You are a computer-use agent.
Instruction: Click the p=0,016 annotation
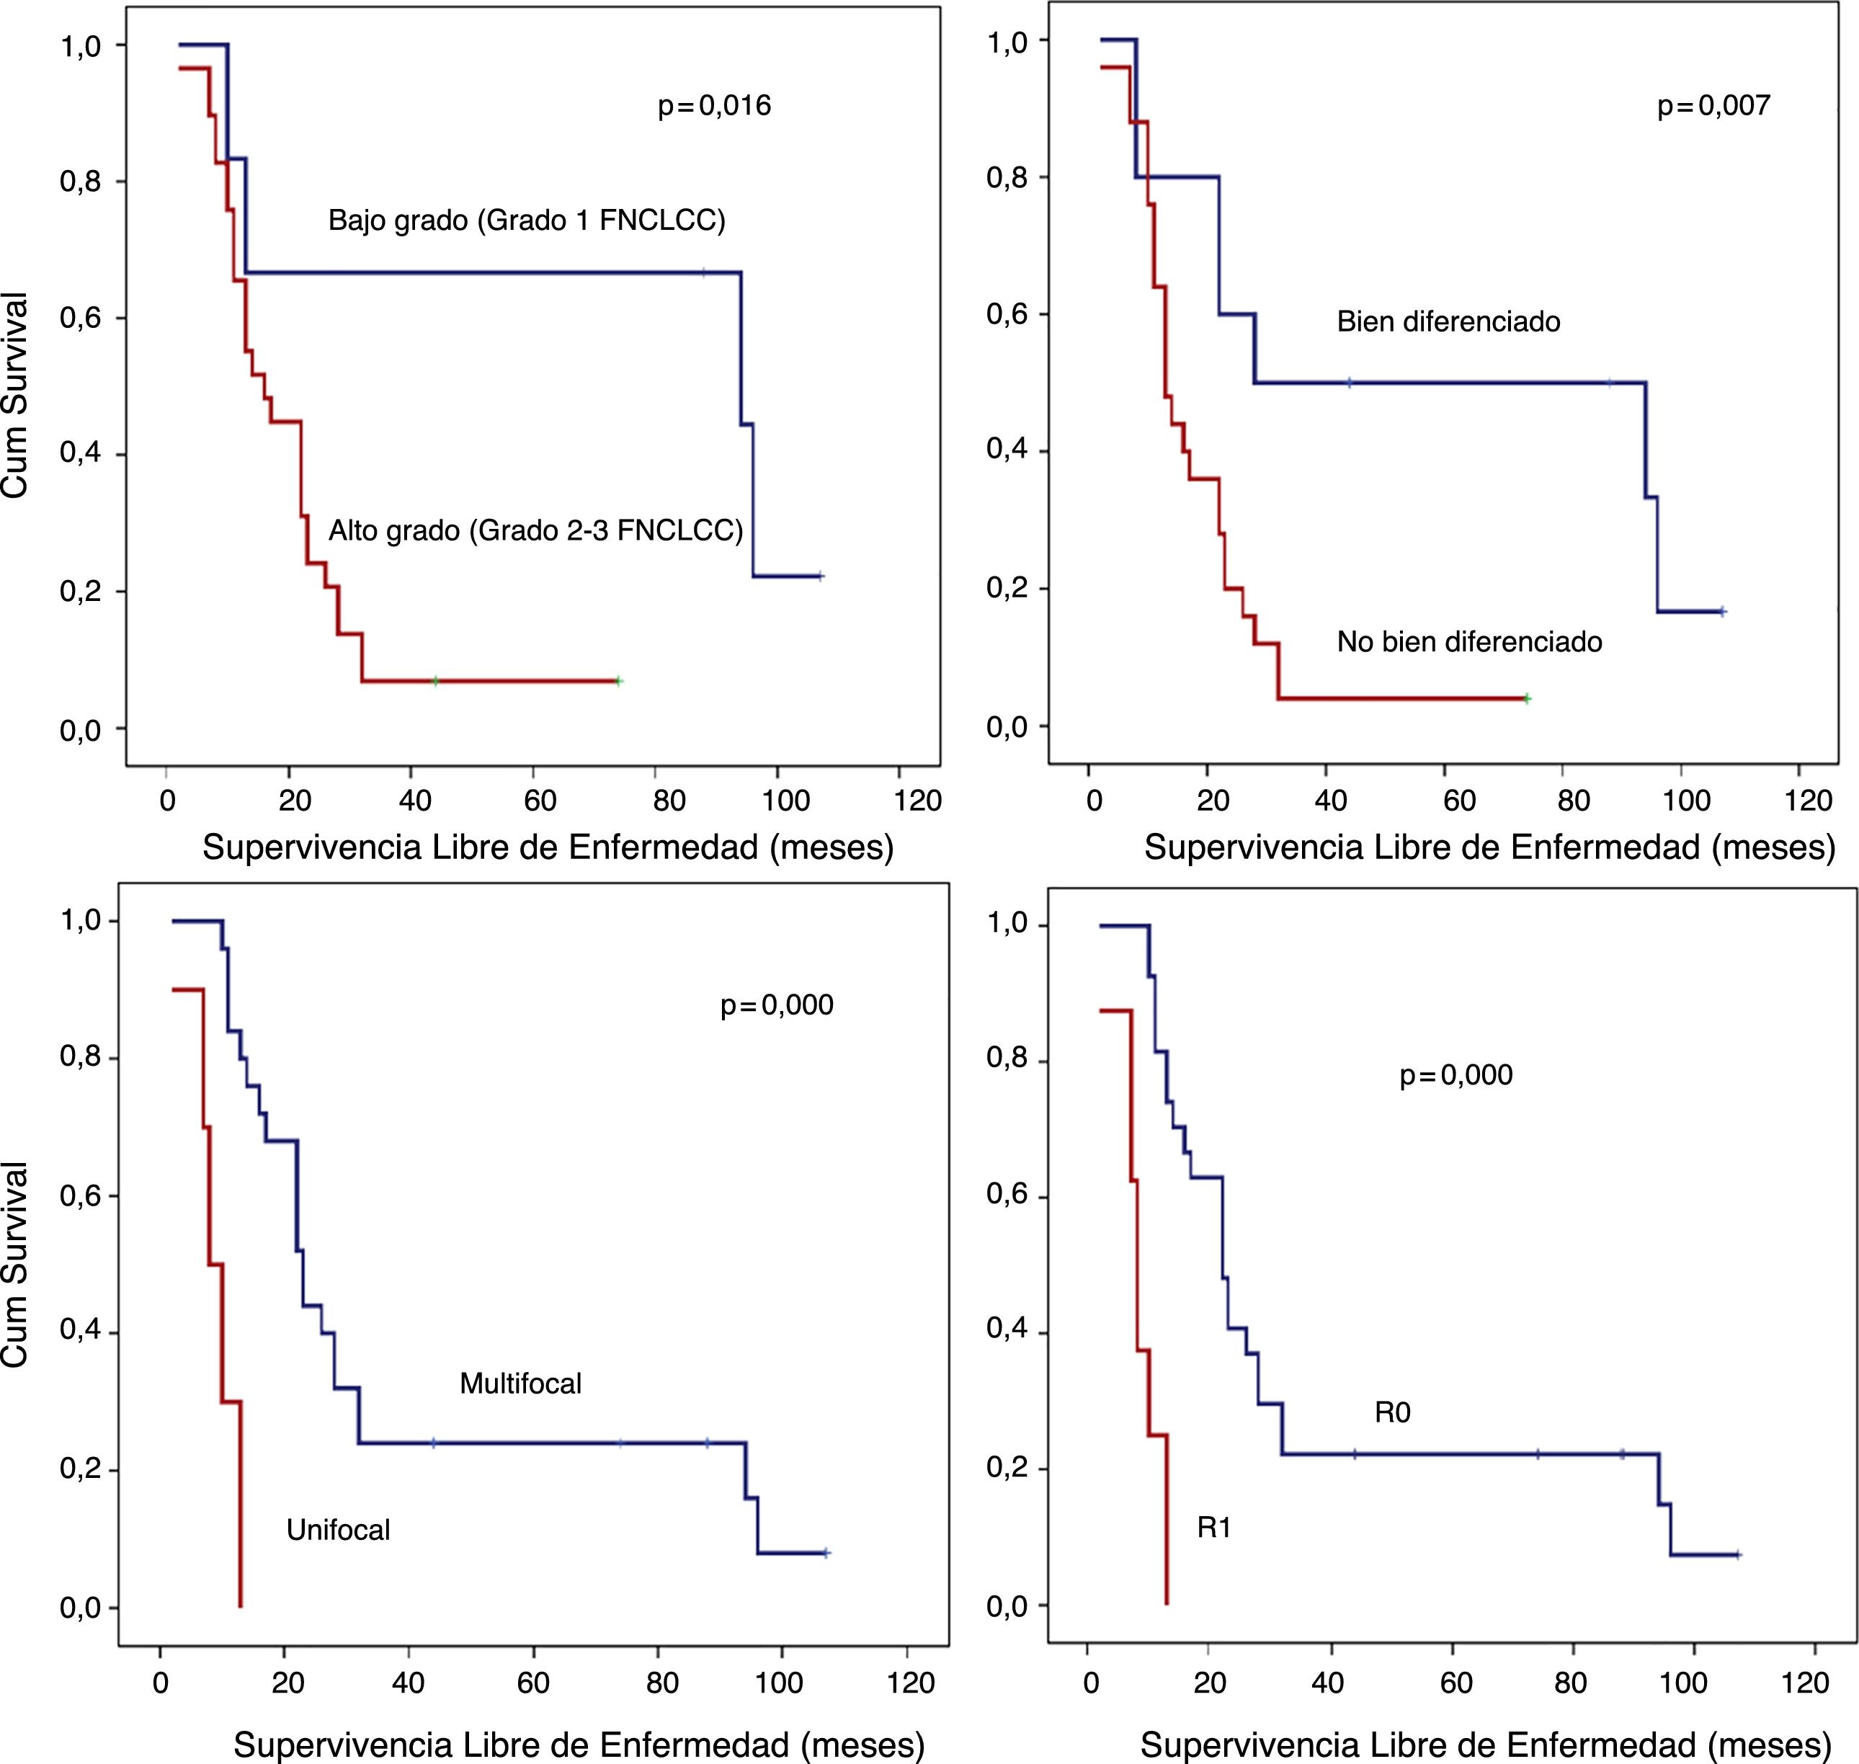[x=714, y=105]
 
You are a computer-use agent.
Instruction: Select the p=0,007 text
[x=1713, y=105]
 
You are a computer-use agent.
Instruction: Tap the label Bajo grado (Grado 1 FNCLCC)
[x=527, y=221]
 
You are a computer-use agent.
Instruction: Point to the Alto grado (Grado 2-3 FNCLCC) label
[x=535, y=531]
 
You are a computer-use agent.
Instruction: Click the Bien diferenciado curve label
[x=1448, y=323]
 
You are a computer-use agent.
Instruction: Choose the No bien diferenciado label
[x=1468, y=642]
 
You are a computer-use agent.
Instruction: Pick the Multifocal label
[x=520, y=1384]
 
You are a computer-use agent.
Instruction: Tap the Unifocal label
[x=337, y=1530]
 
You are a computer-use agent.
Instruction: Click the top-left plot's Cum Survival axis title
[x=16, y=395]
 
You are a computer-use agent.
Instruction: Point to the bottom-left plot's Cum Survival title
[x=16, y=1265]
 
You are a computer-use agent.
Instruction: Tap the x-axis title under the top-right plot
[x=1489, y=848]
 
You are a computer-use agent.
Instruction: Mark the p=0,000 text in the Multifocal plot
[x=777, y=1005]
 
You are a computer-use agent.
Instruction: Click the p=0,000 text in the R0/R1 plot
[x=1455, y=1075]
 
